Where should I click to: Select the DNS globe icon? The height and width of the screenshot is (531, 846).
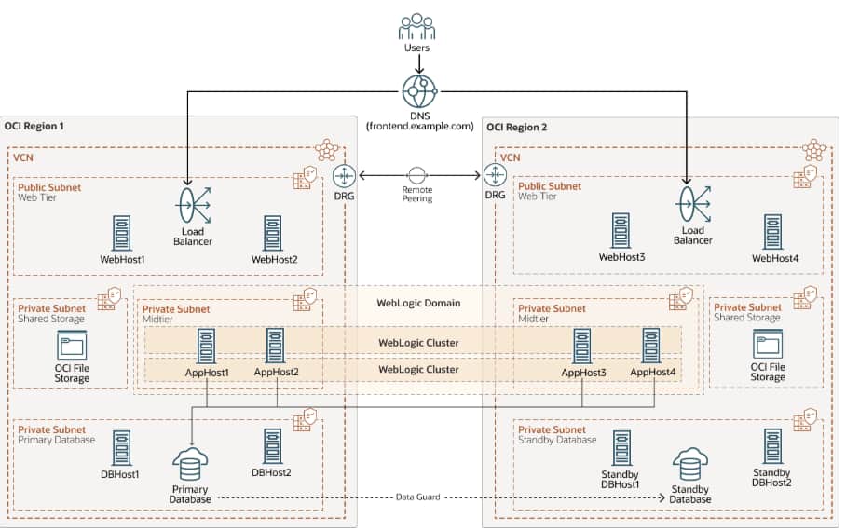[418, 91]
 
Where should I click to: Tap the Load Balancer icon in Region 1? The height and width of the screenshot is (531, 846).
[192, 203]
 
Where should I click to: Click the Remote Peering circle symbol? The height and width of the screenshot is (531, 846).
[417, 174]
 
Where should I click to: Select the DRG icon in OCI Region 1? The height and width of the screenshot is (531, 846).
[345, 174]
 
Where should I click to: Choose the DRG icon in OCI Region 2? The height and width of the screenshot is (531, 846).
[494, 174]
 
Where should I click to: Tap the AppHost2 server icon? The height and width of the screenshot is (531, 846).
[276, 346]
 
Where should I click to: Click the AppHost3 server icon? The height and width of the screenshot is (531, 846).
[583, 346]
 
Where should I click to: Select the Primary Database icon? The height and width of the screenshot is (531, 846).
[191, 464]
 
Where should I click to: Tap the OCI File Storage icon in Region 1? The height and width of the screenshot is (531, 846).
[71, 349]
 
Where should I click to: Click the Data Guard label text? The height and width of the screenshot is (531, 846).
[417, 497]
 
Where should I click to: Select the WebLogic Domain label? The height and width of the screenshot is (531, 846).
[417, 303]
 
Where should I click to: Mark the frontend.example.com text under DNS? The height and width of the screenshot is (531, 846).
[419, 126]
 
